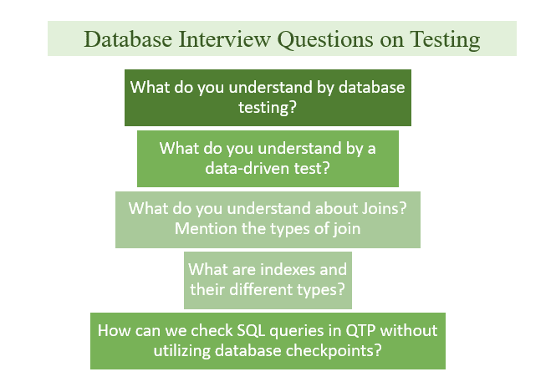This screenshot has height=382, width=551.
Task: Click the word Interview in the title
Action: click(225, 39)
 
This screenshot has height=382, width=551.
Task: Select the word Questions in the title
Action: click(325, 40)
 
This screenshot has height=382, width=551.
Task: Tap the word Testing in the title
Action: click(445, 40)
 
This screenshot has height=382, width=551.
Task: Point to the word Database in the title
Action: click(128, 39)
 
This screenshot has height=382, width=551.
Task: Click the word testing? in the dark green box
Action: click(268, 107)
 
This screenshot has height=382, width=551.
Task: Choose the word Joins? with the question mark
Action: click(384, 208)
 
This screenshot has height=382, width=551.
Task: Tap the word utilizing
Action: click(182, 351)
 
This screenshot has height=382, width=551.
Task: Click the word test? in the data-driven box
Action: click(312, 168)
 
